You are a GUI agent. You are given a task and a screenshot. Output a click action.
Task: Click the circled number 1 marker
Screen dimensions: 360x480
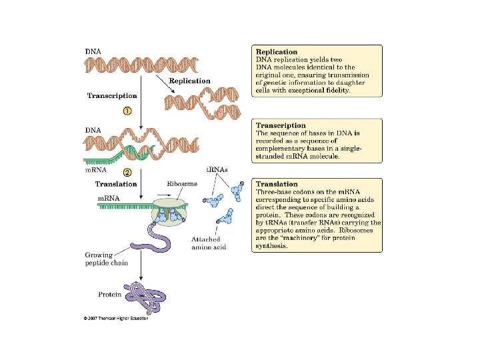126,111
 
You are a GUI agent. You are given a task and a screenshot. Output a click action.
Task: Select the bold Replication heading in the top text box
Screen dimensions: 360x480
277,51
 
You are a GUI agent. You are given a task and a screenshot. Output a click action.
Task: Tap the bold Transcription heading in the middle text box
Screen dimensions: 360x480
281,125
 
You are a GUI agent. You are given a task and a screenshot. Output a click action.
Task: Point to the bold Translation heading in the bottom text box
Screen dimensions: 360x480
277,184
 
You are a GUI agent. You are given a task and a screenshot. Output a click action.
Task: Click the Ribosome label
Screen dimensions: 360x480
181,183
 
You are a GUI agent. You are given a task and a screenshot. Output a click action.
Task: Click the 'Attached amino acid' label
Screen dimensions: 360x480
209,243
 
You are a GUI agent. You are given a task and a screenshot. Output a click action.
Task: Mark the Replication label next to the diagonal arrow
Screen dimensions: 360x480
189,81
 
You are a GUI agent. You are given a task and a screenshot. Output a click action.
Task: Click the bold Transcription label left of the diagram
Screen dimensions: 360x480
112,95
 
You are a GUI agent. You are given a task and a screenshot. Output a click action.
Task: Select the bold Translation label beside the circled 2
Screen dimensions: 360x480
116,184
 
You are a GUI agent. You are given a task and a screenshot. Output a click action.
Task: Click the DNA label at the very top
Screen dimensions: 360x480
93,51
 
